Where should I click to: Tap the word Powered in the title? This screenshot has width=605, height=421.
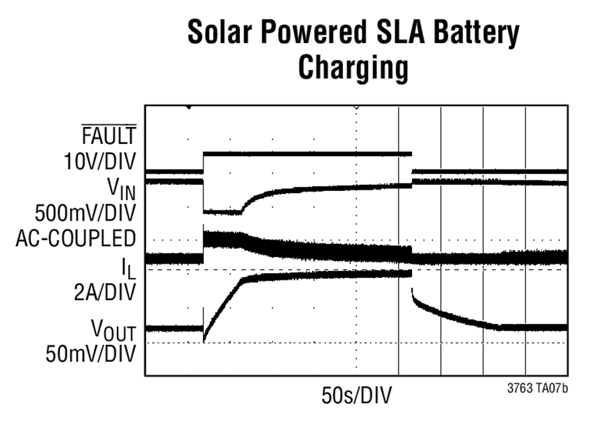(313, 32)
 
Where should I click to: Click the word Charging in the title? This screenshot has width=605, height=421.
(353, 69)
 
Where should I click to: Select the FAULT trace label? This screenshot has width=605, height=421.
(109, 135)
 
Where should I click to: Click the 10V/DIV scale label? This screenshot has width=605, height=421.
(100, 161)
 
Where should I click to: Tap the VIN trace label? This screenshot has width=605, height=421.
(122, 190)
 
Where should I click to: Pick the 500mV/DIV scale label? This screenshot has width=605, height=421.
(85, 213)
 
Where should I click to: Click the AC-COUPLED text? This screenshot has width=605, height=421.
(75, 239)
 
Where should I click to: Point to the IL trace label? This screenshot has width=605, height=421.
(129, 268)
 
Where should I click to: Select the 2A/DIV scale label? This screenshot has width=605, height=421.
(105, 293)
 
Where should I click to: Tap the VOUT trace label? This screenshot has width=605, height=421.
(114, 330)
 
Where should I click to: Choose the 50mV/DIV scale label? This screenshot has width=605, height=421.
(91, 354)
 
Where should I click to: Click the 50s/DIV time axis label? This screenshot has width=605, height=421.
(356, 395)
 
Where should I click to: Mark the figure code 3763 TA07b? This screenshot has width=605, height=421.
(538, 388)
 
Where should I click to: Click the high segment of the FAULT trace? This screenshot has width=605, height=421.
(307, 154)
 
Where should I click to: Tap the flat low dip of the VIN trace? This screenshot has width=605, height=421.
(223, 212)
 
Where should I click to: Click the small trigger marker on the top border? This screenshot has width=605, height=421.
(189, 107)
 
